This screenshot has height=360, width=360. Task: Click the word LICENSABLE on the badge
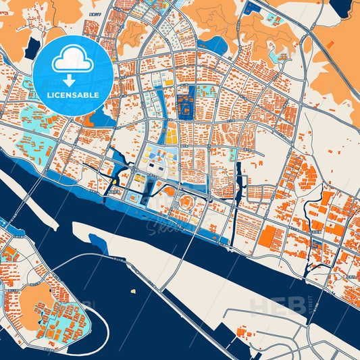72,95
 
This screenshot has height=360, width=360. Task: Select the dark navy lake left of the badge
32,47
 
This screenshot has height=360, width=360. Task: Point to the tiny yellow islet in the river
134,291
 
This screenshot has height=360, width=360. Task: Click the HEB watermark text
274,307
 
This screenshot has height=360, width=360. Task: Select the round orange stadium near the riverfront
186,202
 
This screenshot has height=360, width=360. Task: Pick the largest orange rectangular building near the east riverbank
272,236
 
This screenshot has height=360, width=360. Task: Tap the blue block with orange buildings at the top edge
253,9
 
